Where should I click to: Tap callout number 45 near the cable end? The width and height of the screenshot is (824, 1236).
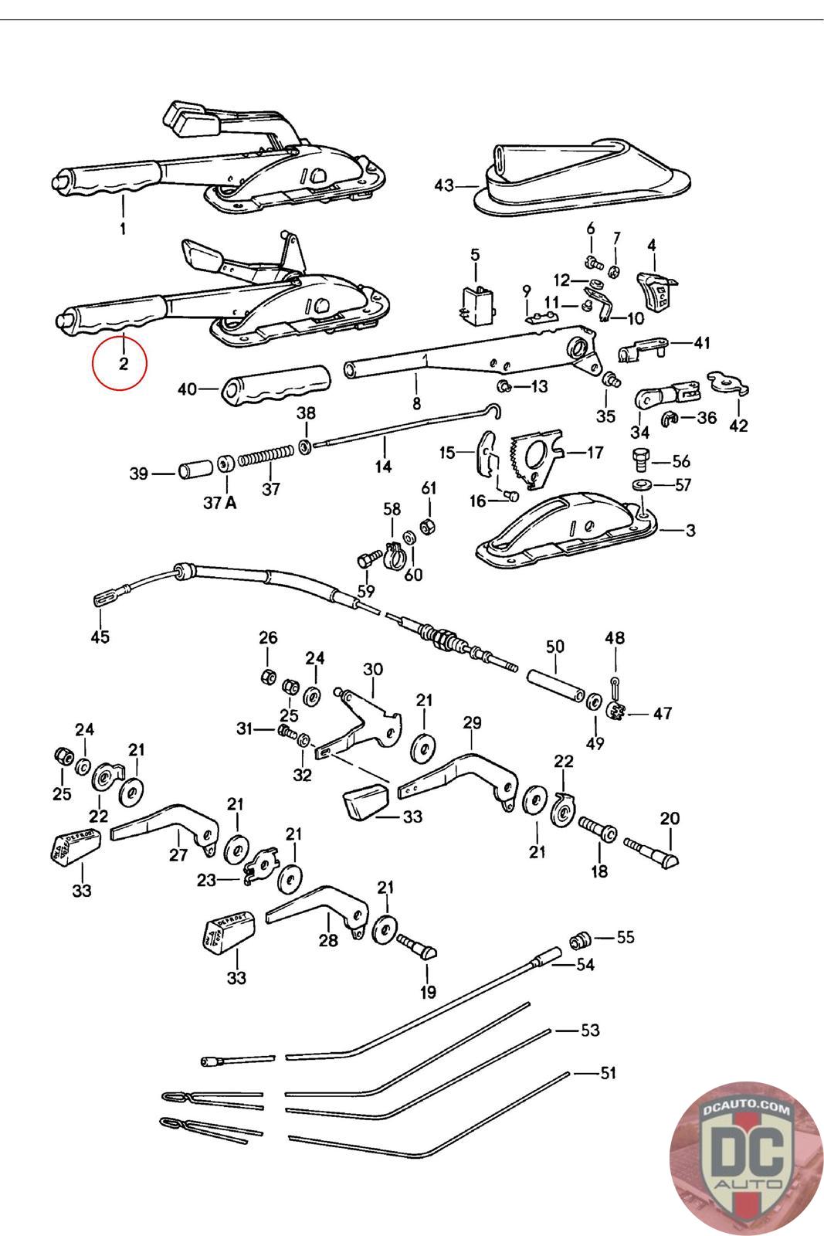100,637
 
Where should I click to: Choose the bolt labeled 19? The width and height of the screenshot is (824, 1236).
418,945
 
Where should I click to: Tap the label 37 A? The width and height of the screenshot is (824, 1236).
219,503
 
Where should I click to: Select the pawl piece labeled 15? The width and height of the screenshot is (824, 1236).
487,454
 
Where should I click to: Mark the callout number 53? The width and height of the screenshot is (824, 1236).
589,1031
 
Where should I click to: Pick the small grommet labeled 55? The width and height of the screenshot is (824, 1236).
579,940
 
